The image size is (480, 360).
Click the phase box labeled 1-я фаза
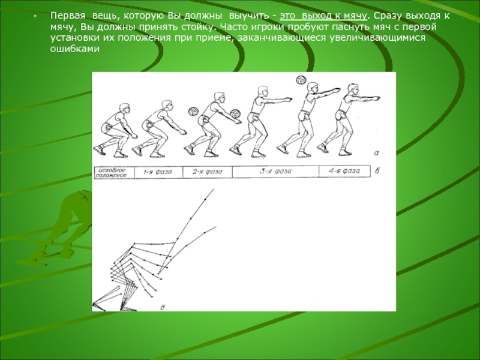click(x=158, y=172)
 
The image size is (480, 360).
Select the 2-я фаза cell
click(x=208, y=172)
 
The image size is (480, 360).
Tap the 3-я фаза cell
click(x=275, y=172)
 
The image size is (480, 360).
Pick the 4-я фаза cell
click(x=344, y=171)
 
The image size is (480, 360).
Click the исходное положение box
click(x=115, y=173)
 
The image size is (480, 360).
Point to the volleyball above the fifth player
click(x=301, y=80)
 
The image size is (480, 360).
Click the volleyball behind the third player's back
click(x=193, y=112)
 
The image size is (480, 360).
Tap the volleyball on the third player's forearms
click(x=235, y=114)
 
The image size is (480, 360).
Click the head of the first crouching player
click(x=124, y=109)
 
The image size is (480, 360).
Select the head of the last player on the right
click(x=353, y=89)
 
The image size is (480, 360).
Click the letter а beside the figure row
click(x=377, y=153)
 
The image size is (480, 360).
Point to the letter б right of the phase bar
click(x=377, y=171)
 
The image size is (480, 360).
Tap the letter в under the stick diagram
click(x=163, y=307)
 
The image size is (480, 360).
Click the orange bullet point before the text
click(x=35, y=16)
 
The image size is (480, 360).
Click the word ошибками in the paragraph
click(x=75, y=49)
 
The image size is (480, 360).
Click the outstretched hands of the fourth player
click(x=288, y=100)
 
